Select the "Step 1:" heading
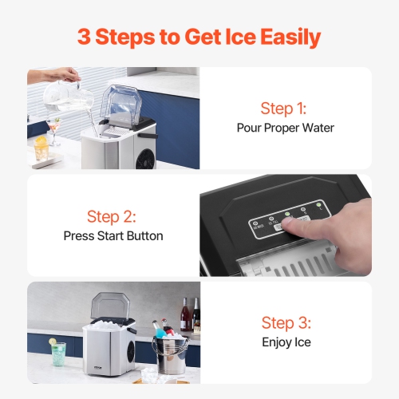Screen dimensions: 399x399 tap(283, 109)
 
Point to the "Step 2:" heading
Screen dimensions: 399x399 tap(113, 216)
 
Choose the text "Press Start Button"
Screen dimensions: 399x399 tap(113, 235)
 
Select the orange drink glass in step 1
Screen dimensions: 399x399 tap(41, 148)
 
